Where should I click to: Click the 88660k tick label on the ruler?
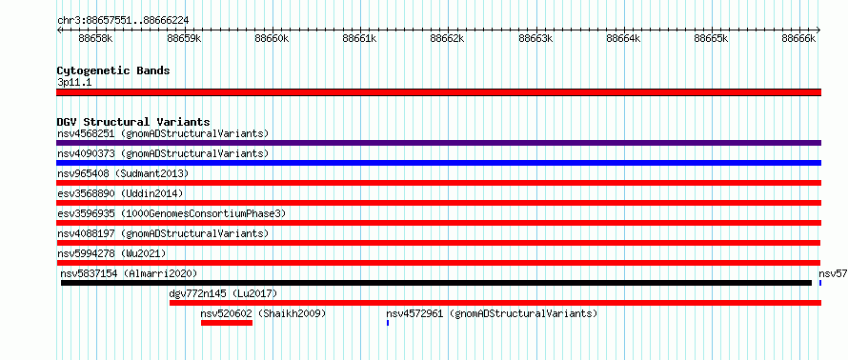pyautogui.click(x=273, y=39)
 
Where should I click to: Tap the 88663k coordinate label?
pyautogui.click(x=535, y=39)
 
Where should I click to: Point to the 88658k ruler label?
pyautogui.click(x=95, y=39)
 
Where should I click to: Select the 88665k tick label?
pyautogui.click(x=712, y=39)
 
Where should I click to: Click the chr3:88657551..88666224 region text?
pyautogui.click(x=123, y=21)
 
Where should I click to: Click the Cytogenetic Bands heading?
pyautogui.click(x=113, y=70)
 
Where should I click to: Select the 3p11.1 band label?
pyautogui.click(x=74, y=83)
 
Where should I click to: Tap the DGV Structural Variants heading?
pyautogui.click(x=133, y=122)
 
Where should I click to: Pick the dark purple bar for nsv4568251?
pyautogui.click(x=438, y=143)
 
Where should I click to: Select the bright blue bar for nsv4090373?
pyautogui.click(x=438, y=163)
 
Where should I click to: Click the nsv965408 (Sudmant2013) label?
pyautogui.click(x=123, y=173)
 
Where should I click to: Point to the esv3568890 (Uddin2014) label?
pyautogui.click(x=120, y=193)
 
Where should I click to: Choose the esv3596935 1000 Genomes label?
pyautogui.click(x=171, y=213)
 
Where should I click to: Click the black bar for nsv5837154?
pyautogui.click(x=436, y=283)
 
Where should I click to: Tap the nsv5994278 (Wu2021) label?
pyautogui.click(x=111, y=253)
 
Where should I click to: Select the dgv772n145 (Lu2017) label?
pyautogui.click(x=223, y=293)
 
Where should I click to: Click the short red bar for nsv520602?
pyautogui.click(x=227, y=323)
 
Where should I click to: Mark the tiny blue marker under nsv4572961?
pyautogui.click(x=388, y=323)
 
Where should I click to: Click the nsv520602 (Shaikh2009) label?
pyautogui.click(x=263, y=313)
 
